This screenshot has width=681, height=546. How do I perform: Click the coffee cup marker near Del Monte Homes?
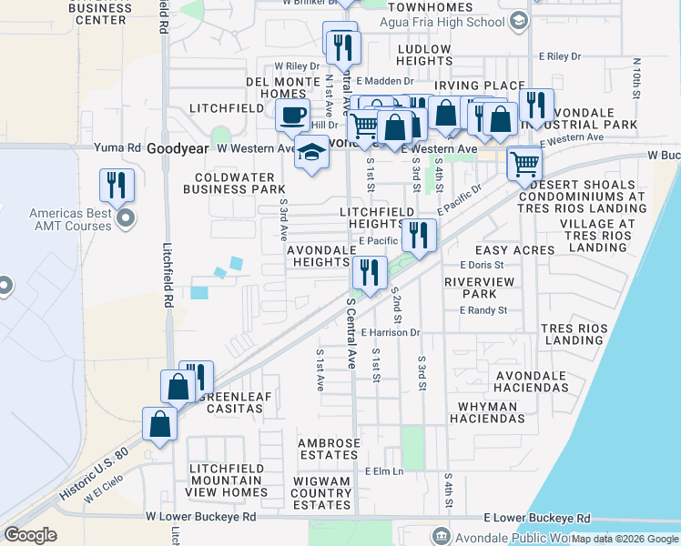(293, 116)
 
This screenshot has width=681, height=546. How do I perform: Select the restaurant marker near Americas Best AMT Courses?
(117, 185)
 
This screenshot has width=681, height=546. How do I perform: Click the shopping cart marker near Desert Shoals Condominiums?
(524, 165)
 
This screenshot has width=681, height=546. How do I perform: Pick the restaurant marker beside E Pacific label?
(419, 236)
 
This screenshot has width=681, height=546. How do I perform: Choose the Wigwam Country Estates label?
(322, 492)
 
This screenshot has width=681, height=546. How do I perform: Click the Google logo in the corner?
(30, 535)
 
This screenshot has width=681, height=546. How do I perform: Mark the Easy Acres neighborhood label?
(514, 249)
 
